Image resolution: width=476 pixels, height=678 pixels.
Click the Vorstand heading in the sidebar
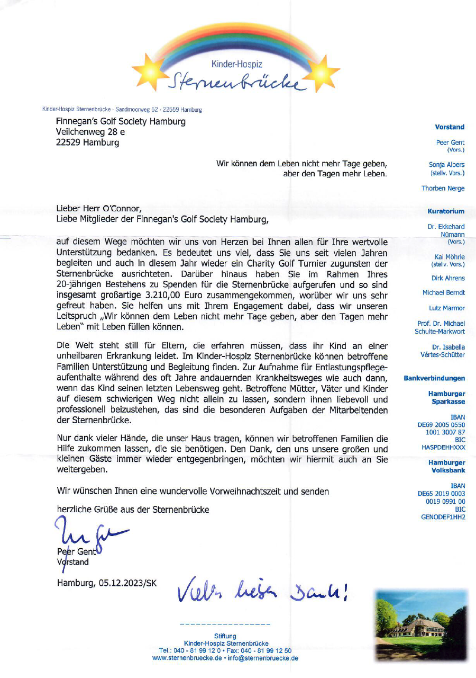pos(450,127)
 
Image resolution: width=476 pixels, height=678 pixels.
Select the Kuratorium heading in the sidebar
pos(446,211)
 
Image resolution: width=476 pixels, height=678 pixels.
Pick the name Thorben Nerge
pos(443,189)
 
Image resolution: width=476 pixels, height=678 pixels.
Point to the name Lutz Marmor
pos(447,308)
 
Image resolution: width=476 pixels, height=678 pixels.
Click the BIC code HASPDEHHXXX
pos(443,447)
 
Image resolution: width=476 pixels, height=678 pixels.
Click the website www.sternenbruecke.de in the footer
pos(187,658)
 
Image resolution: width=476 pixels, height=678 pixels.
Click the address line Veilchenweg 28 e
pos(90,132)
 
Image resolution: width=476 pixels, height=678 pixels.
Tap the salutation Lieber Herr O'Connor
pos(99,208)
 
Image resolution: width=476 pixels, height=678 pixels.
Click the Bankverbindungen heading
pos(434,379)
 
